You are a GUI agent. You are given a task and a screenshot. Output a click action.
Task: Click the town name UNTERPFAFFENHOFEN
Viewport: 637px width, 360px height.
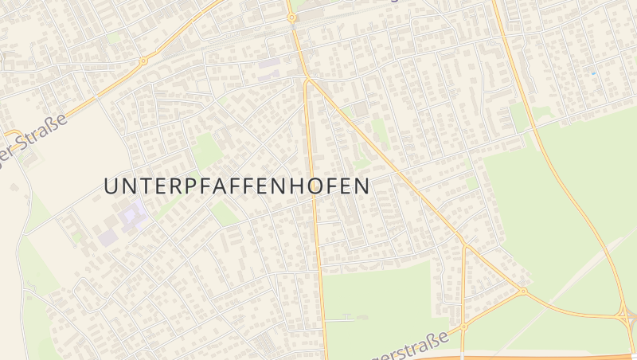click(236, 186)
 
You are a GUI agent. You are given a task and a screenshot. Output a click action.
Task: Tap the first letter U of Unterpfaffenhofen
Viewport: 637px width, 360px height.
click(111, 186)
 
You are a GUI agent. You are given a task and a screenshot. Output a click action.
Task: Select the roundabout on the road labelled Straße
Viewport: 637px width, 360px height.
click(143, 61)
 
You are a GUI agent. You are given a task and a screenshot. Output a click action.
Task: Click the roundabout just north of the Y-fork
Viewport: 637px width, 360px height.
click(291, 17)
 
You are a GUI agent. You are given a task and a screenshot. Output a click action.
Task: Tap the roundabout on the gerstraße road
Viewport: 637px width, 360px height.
click(463, 325)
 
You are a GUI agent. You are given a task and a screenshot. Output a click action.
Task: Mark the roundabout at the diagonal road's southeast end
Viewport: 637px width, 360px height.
click(523, 292)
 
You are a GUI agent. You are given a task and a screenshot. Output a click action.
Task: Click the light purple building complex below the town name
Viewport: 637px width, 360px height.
click(127, 218)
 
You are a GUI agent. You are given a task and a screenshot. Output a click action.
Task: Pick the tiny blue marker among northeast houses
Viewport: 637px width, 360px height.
click(592, 73)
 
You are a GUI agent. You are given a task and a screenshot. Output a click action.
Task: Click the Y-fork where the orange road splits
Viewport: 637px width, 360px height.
click(307, 79)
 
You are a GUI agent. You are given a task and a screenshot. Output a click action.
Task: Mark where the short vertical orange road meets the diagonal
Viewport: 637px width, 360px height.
click(464, 242)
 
